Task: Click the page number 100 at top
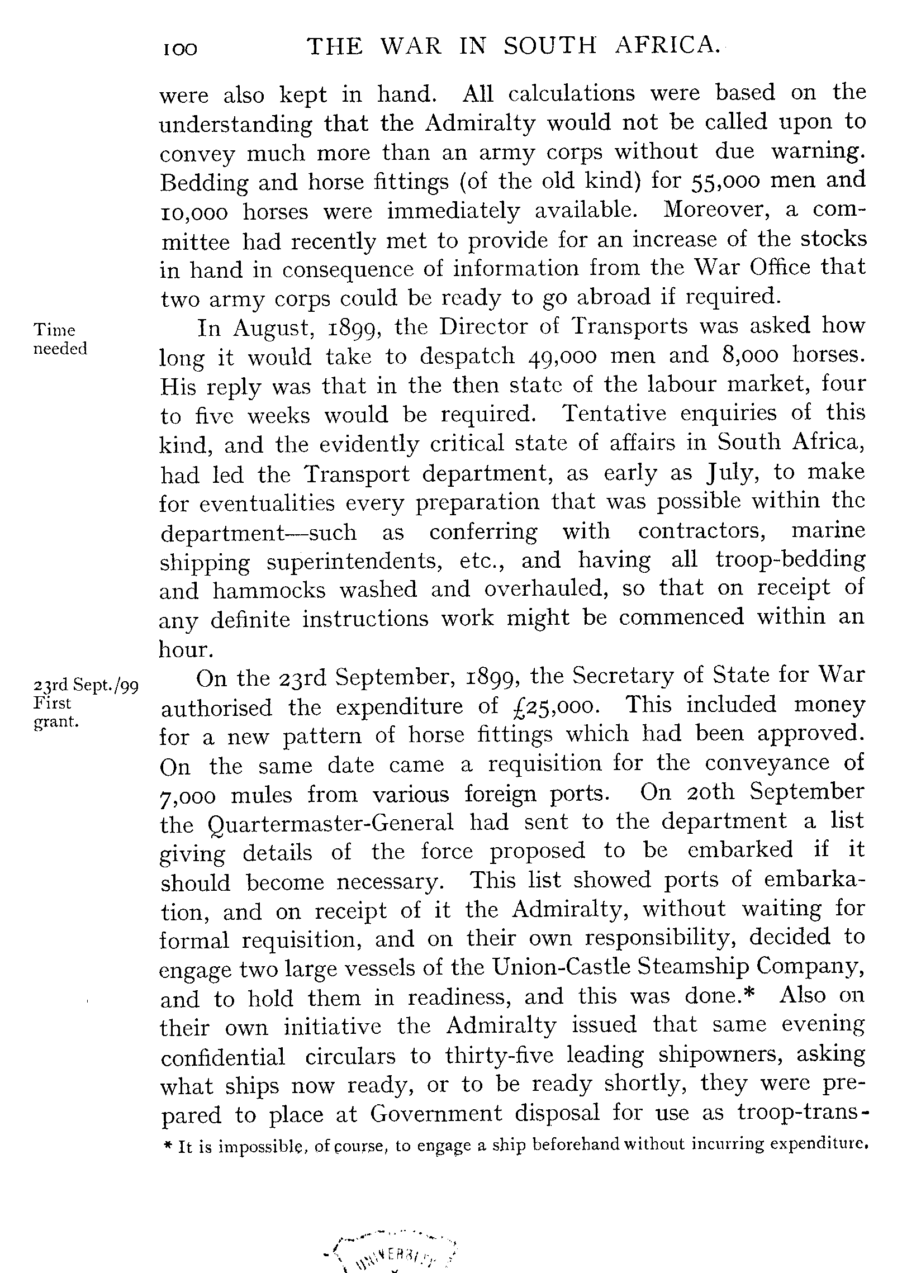[x=180, y=50]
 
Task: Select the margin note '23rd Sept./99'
[x=86, y=686]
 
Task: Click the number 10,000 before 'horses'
[x=194, y=212]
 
